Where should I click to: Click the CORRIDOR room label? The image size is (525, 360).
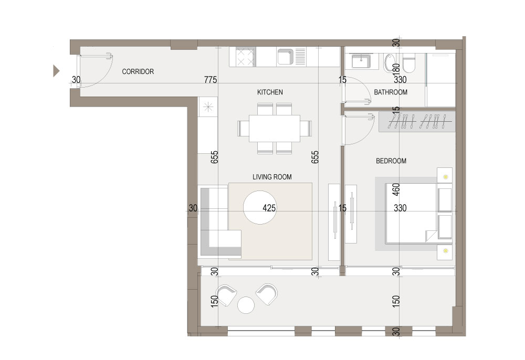click(x=138, y=71)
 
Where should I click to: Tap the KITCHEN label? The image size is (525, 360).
click(x=270, y=92)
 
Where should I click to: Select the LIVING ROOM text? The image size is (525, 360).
click(x=272, y=177)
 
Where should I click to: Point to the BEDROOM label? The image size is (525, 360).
click(x=391, y=161)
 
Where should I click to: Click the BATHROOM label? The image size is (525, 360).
click(x=391, y=92)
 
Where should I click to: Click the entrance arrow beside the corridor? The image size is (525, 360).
click(x=56, y=71)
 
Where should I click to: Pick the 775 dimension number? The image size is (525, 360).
click(x=211, y=80)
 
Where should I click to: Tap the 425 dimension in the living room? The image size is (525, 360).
click(x=269, y=208)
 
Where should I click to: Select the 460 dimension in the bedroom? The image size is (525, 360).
click(x=396, y=189)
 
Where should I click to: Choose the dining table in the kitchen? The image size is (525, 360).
click(x=275, y=129)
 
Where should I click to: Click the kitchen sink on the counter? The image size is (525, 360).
click(x=286, y=57)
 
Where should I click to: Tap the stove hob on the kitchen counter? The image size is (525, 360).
click(x=246, y=57)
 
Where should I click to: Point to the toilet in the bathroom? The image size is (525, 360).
click(x=409, y=63)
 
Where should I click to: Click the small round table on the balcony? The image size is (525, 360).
click(x=246, y=305)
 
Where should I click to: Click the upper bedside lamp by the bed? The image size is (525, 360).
click(x=446, y=177)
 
